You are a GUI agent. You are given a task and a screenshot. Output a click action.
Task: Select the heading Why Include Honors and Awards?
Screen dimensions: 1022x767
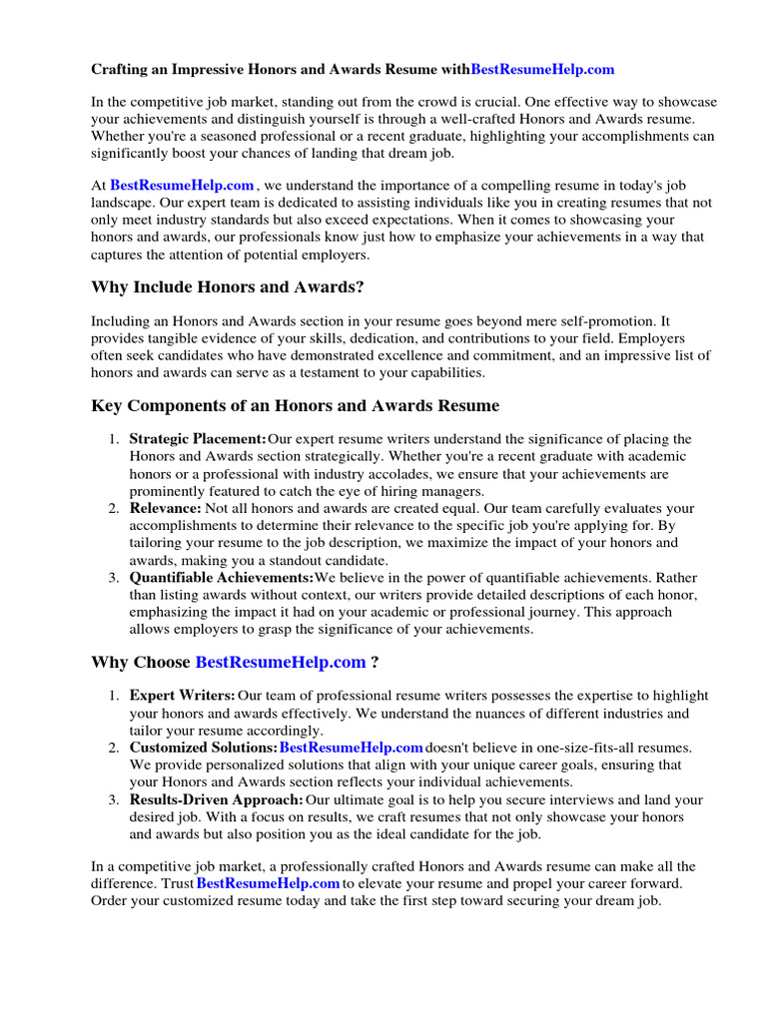(x=228, y=288)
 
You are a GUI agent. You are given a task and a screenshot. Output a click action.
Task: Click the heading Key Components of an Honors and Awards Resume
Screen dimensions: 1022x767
(x=296, y=406)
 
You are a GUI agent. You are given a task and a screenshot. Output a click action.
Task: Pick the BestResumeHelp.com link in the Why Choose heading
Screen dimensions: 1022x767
(x=281, y=662)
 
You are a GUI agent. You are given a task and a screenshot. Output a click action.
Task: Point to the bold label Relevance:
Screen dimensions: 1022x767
(x=166, y=509)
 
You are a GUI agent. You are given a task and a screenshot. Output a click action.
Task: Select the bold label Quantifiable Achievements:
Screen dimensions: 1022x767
(x=222, y=578)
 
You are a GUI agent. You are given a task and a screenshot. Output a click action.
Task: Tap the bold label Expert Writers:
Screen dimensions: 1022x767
(x=183, y=696)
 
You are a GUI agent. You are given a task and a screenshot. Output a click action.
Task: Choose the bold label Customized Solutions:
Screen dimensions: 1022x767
(x=204, y=748)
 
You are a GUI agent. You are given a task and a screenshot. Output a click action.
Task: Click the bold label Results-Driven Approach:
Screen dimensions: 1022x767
(x=217, y=799)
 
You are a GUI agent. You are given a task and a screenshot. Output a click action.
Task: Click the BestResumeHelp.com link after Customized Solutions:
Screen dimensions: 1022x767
(x=352, y=748)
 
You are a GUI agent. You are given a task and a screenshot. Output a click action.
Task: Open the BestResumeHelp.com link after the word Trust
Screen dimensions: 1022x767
(x=268, y=884)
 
